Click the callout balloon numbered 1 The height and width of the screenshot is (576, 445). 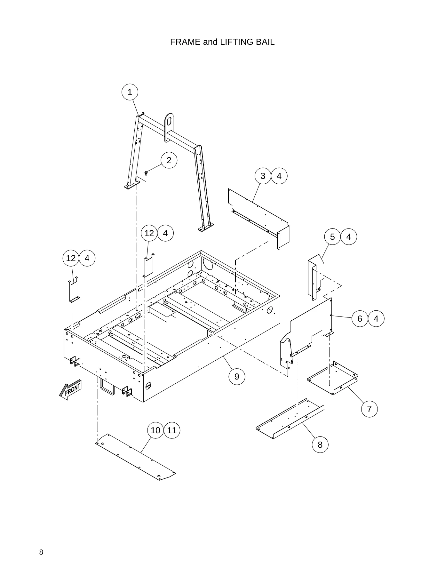pyautogui.click(x=130, y=92)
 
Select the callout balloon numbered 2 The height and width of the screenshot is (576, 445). pyautogui.click(x=169, y=160)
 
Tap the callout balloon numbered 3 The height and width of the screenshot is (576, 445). pyautogui.click(x=263, y=176)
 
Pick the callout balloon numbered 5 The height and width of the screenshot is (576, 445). pyautogui.click(x=332, y=237)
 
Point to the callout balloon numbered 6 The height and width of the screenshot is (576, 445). pyautogui.click(x=360, y=319)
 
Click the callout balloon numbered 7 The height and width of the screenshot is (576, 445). pyautogui.click(x=370, y=409)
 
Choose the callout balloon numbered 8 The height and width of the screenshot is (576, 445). pyautogui.click(x=320, y=445)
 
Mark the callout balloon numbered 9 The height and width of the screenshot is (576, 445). pyautogui.click(x=237, y=377)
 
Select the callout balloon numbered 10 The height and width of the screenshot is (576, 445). pyautogui.click(x=155, y=430)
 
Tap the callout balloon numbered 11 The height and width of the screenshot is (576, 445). pyautogui.click(x=172, y=430)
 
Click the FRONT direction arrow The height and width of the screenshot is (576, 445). pyautogui.click(x=71, y=389)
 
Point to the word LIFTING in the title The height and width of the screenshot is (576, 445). pyautogui.click(x=237, y=42)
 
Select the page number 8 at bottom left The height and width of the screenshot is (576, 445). pyautogui.click(x=41, y=552)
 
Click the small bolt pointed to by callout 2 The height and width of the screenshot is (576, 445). pyautogui.click(x=146, y=173)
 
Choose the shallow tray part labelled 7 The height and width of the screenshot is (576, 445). pyautogui.click(x=333, y=378)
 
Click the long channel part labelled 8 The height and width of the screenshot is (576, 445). pyautogui.click(x=290, y=418)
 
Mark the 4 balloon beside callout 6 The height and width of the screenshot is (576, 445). pyautogui.click(x=376, y=319)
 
